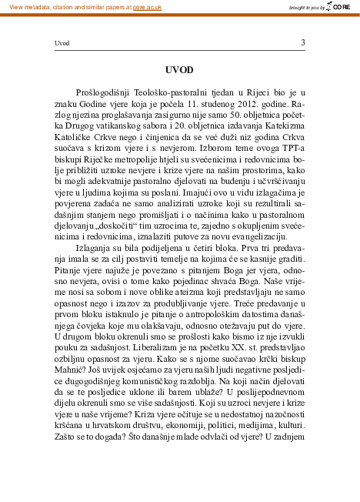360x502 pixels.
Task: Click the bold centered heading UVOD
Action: pyautogui.click(x=180, y=69)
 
